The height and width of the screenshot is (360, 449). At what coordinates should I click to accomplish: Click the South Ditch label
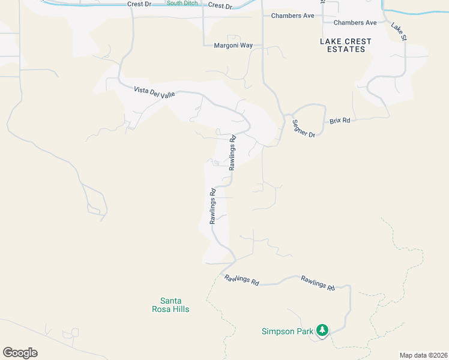pos(182,3)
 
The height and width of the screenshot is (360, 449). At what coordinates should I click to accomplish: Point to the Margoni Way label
pos(234,45)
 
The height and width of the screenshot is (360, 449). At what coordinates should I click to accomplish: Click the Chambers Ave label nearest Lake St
pos(355,23)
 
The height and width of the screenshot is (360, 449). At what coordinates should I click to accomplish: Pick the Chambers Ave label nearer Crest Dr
pos(292,16)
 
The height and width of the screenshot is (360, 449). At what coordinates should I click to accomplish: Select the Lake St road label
pos(399,31)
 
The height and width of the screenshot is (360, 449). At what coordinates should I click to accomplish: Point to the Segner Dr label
pos(303,128)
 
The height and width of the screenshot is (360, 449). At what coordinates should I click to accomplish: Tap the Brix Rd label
pos(339,121)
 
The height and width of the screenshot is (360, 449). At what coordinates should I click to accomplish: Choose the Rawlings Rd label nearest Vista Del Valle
pos(232,152)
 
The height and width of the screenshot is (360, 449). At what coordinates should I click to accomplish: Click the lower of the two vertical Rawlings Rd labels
pos(212,206)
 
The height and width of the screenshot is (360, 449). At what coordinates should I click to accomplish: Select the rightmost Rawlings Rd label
pos(318,283)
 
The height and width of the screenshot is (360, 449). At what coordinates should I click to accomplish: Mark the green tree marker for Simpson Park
pos(322,329)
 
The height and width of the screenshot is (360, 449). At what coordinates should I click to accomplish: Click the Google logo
pos(20,353)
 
